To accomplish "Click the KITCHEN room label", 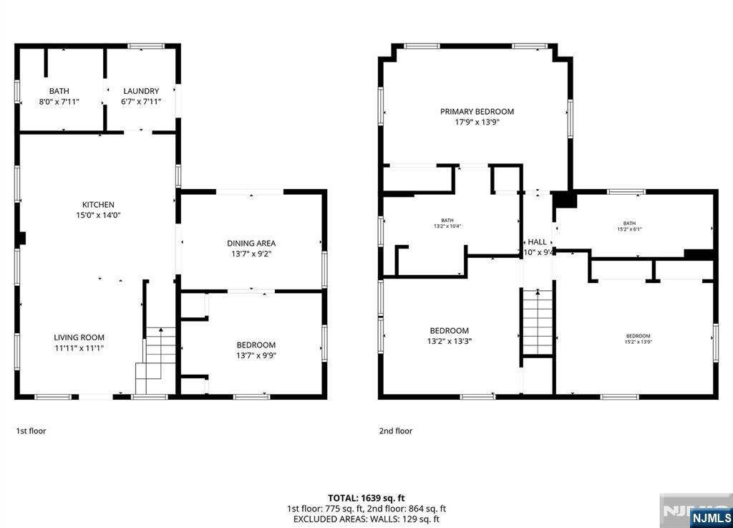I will point(98,205).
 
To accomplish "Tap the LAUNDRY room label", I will point(141,91).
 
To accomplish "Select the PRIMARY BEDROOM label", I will point(477,111).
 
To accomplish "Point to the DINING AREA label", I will point(251,244).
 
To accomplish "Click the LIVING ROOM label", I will point(79,337).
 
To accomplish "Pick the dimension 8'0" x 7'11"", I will point(59,102).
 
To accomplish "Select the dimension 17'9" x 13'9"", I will point(477,122).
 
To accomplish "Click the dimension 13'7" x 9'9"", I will point(256,355).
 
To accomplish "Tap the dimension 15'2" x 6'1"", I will point(629,230).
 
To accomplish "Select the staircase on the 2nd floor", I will point(538,322).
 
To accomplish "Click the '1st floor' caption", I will point(31,431).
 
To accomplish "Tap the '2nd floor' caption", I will point(396,431).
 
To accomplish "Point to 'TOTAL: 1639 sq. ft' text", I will point(366,498).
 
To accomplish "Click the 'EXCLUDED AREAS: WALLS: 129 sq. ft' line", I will point(366,519).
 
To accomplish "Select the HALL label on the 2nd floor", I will point(537,242).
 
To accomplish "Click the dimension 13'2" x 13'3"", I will point(450,341).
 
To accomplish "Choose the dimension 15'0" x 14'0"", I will point(98,215).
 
